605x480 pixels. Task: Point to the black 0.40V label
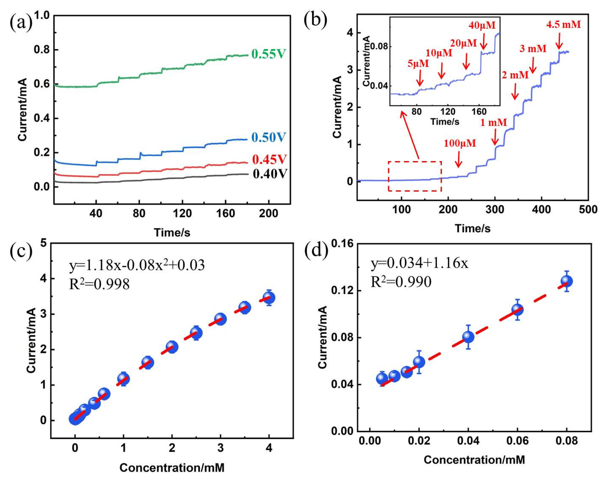(270, 174)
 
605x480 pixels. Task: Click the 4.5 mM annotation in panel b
(563, 25)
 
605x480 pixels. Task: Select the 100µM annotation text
(460, 143)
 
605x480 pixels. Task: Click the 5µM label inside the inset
(418, 64)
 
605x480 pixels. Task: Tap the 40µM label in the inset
(482, 26)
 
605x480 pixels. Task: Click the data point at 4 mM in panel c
(269, 298)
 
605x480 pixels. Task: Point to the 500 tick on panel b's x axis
(588, 209)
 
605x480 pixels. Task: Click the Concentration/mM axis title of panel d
(474, 460)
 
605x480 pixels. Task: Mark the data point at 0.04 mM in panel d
(468, 337)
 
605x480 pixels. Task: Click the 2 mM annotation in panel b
(515, 75)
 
